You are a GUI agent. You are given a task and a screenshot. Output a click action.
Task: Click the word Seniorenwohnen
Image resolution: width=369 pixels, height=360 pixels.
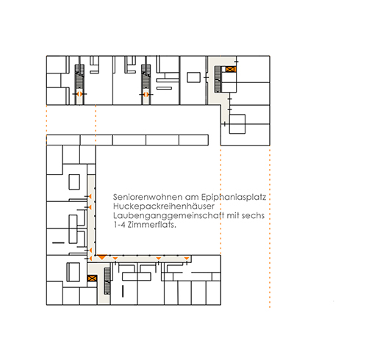(x=148, y=197)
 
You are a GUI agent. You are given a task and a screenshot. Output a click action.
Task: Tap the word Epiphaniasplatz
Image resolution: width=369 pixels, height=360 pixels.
(x=234, y=198)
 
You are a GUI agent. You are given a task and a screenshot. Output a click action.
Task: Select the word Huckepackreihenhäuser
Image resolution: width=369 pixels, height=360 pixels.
(x=164, y=206)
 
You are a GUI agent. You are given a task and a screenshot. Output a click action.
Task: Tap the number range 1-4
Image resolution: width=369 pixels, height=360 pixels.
(x=120, y=225)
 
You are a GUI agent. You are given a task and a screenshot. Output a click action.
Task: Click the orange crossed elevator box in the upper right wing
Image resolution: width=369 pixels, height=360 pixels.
(x=231, y=69)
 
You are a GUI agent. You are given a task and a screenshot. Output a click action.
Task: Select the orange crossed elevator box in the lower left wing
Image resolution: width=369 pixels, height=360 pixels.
(x=92, y=278)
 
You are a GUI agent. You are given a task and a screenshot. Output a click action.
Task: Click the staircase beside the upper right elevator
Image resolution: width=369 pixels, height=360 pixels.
(x=218, y=79)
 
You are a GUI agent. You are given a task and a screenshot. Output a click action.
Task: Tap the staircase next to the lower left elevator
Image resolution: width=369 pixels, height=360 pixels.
(x=107, y=281)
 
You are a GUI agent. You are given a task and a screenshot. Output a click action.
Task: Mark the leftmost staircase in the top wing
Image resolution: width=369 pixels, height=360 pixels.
(x=79, y=76)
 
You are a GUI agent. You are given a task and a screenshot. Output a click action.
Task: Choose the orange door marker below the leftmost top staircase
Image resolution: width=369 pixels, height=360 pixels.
(x=79, y=94)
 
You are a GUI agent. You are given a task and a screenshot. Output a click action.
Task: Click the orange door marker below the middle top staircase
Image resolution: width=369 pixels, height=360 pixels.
(x=146, y=94)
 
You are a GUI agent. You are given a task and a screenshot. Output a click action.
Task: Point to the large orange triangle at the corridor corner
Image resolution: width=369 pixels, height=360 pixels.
(x=101, y=257)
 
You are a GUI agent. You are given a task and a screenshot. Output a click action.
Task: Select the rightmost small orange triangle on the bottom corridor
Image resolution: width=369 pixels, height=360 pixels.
(x=187, y=259)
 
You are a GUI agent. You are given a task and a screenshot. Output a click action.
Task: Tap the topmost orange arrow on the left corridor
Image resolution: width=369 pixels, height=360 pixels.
(x=90, y=196)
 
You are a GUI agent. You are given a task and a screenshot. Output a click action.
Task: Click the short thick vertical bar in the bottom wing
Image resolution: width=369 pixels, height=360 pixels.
(x=123, y=291)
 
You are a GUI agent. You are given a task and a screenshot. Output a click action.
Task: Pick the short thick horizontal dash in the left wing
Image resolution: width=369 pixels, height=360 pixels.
(x=58, y=243)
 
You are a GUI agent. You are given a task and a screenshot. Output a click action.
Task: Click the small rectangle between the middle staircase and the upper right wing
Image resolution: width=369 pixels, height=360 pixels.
(x=194, y=77)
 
